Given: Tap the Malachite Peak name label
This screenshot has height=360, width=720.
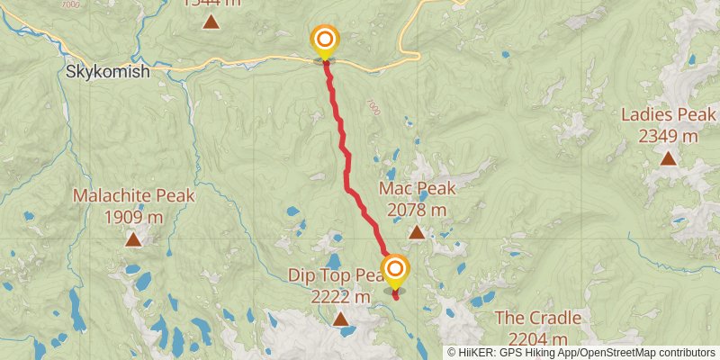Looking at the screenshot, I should [x=133, y=195].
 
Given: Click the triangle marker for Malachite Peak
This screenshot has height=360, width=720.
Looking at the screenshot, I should [x=133, y=238].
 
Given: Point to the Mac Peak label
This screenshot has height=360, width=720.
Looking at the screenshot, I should [x=417, y=189].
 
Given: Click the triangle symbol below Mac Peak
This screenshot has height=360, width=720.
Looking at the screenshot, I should [x=417, y=232].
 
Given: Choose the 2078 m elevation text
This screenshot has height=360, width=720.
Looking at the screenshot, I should [x=417, y=210].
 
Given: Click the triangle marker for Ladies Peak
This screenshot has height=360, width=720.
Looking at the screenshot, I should [x=668, y=158].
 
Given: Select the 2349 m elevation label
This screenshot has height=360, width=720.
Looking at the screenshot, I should [x=668, y=136].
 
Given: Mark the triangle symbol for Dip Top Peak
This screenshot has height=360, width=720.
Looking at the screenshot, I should [x=341, y=319].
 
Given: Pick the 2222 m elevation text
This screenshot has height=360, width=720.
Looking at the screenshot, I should [x=339, y=297].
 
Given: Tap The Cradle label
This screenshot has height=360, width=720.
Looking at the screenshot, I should [x=537, y=319].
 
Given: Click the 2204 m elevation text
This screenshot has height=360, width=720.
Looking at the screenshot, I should [x=537, y=339].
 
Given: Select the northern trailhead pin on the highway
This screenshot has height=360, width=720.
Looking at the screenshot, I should [x=324, y=41].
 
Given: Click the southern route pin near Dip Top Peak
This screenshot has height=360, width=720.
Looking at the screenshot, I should [x=395, y=270].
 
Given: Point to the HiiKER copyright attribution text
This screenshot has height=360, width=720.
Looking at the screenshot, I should [x=581, y=353].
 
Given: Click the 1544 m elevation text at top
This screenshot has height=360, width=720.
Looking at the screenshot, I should [x=211, y=3].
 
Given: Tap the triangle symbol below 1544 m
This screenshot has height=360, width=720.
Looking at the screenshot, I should [x=211, y=22].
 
